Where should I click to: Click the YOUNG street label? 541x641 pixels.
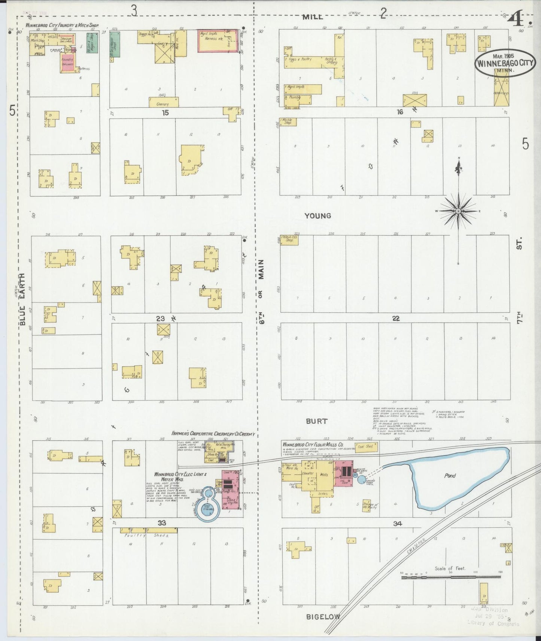click(x=317, y=216)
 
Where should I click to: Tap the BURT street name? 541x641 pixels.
click(x=316, y=421)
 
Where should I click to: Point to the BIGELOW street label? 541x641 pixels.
click(x=323, y=617)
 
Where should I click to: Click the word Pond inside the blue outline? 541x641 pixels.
click(x=450, y=476)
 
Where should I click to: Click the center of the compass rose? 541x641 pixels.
click(x=458, y=211)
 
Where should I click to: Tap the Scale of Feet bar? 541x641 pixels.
click(x=451, y=577)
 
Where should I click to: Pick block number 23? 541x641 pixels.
click(x=160, y=319)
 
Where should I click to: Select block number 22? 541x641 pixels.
click(x=396, y=318)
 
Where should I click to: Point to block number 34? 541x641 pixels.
click(x=397, y=524)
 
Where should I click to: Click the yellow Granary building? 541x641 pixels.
click(x=164, y=102)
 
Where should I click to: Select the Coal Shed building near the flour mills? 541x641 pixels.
click(x=366, y=447)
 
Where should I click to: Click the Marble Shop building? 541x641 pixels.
click(x=288, y=122)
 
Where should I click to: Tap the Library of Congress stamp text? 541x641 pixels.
click(x=493, y=623)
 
